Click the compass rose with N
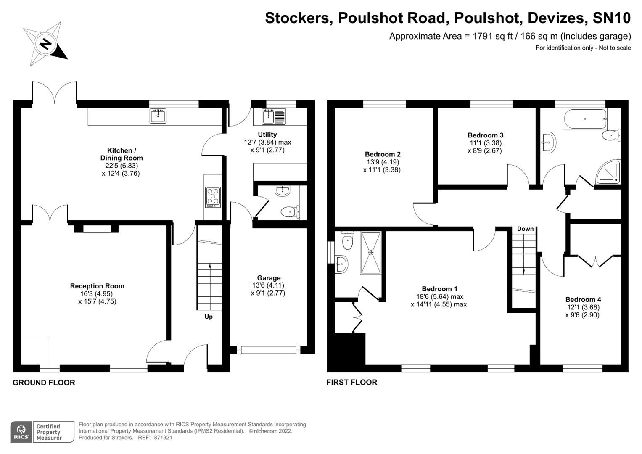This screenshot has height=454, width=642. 45,45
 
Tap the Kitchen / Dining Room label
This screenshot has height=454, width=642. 122,154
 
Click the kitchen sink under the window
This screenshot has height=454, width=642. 158,116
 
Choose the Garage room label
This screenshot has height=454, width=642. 269,278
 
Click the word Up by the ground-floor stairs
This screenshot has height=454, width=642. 209,317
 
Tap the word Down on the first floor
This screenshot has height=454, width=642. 525,229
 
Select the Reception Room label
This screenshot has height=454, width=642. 97,286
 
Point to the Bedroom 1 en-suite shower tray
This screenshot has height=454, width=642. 370,253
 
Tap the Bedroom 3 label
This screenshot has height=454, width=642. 485,135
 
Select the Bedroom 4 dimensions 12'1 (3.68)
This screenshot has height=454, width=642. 583,307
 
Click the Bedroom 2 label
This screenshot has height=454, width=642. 383,154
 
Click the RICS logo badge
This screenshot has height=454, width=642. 21,432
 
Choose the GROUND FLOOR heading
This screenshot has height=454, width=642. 44,383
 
